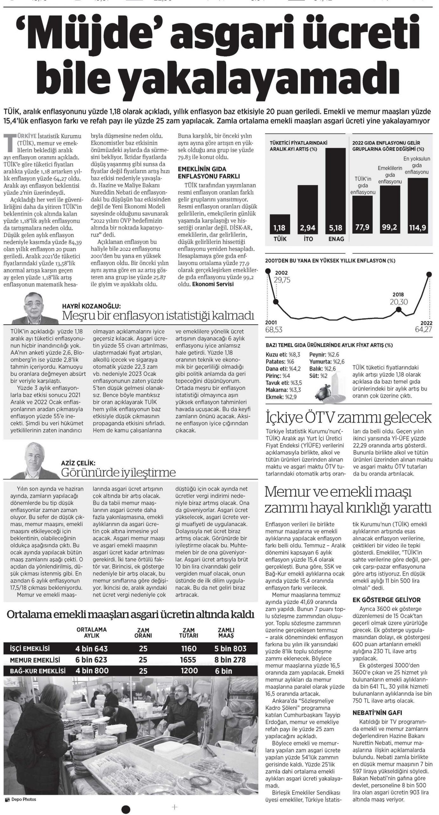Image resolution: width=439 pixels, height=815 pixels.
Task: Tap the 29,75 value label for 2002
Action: [283, 280]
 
